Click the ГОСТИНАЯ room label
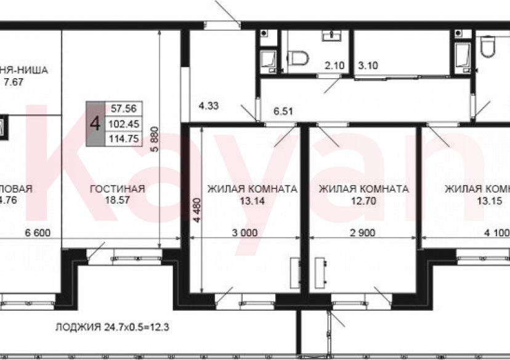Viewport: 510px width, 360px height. click(x=117, y=189)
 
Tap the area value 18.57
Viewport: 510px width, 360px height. click(x=117, y=201)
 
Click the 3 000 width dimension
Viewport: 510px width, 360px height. click(x=245, y=233)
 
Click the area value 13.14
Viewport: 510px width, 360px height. click(x=252, y=201)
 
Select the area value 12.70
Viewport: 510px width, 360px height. click(x=363, y=201)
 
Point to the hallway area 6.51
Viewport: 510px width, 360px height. click(x=282, y=112)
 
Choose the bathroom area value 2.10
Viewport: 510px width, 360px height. click(x=334, y=65)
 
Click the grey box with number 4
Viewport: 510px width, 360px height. click(x=95, y=123)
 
